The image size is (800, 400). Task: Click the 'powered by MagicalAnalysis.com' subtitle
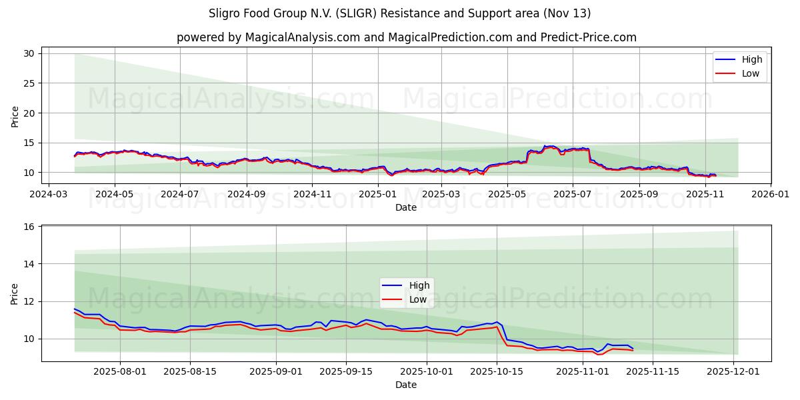pos(406,37)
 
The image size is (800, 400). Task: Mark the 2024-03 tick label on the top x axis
pos(49,194)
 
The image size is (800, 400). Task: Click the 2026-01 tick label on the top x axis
pos(771,194)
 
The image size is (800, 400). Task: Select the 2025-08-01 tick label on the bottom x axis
pos(120,371)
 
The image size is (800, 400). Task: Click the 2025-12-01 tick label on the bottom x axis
pos(734,371)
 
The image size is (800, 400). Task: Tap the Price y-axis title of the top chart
pos(15,116)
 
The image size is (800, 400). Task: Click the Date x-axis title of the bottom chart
pos(406,385)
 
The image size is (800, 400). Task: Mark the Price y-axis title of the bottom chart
pos(15,293)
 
